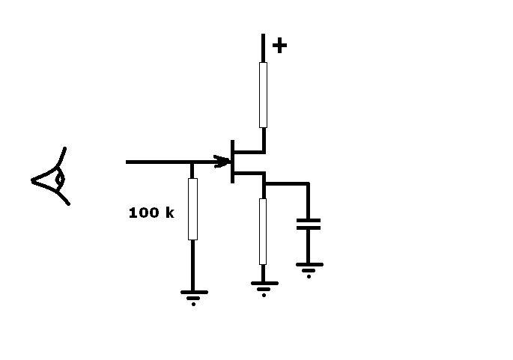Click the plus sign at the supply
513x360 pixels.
pos(279,46)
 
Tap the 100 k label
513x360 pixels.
pos(151,213)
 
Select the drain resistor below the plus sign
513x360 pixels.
pos(263,94)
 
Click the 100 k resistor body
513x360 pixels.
pos(192,209)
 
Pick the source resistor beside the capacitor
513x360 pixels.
pos(263,231)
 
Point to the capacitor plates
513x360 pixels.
pos(308,223)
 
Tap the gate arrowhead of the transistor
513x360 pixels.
pos(222,162)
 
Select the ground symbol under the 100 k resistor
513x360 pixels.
pos(193,296)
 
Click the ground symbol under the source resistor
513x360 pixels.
pos(263,287)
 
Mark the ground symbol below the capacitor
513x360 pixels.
pos(309,268)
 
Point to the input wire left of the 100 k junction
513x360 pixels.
pos(157,162)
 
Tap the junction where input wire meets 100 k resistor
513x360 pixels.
pos(192,162)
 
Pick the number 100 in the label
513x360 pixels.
pos(142,213)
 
